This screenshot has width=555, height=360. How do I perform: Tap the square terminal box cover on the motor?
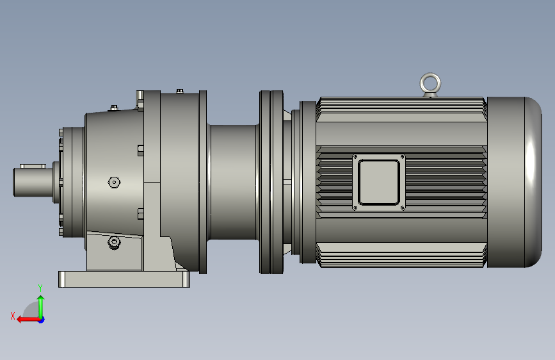(x=379, y=182)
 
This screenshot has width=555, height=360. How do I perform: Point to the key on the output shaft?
(x=33, y=166)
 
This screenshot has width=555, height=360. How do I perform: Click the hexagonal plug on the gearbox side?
(x=114, y=182)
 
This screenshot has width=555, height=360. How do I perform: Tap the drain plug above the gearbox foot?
(x=114, y=243)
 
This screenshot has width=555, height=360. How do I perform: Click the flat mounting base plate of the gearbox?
(x=124, y=279)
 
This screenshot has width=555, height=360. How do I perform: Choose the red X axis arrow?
(x=29, y=320)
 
